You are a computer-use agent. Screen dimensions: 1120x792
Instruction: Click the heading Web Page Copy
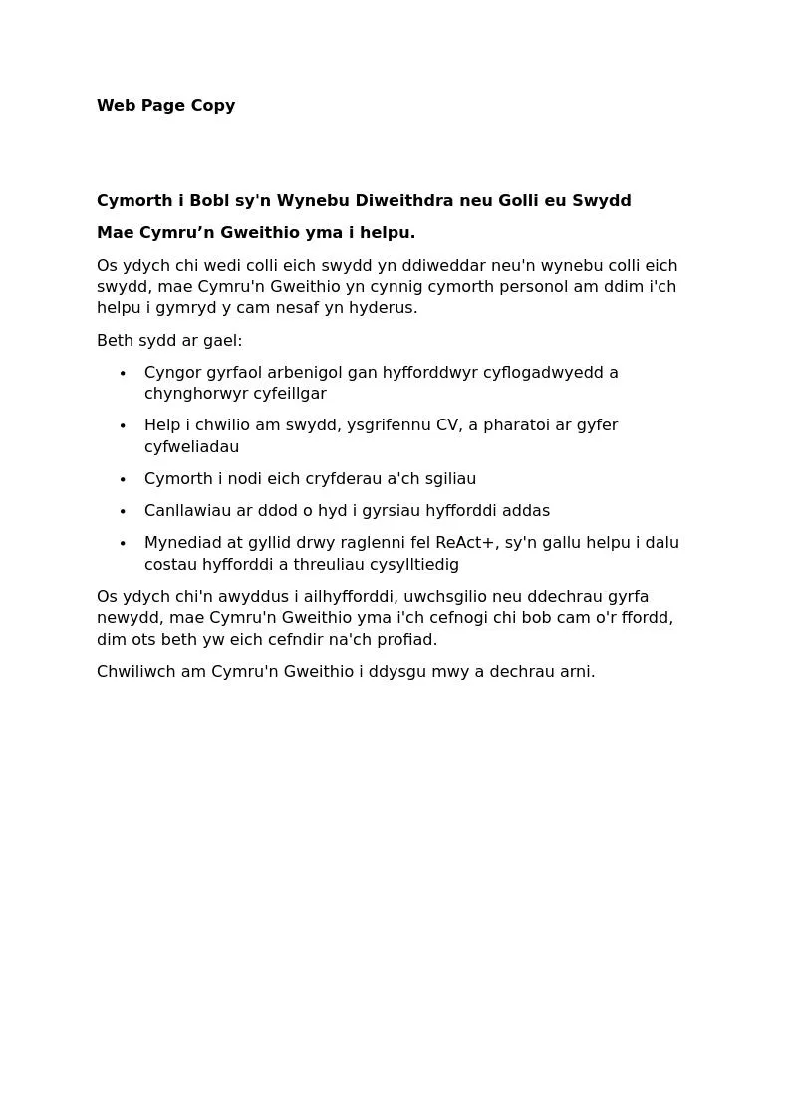tap(165, 106)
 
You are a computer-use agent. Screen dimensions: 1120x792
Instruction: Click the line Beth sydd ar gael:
tap(169, 341)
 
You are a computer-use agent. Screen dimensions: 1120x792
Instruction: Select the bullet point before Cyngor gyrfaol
tap(123, 374)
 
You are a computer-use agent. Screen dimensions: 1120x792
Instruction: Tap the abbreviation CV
tap(447, 425)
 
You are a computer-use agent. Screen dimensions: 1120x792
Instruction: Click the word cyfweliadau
tap(191, 447)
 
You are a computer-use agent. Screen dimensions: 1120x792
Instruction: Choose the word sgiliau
tap(450, 479)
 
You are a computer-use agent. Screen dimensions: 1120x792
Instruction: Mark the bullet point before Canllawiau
tap(123, 512)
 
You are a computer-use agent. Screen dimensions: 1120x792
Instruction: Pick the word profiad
tap(408, 640)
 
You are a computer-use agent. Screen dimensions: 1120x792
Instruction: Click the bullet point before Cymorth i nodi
tap(123, 480)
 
